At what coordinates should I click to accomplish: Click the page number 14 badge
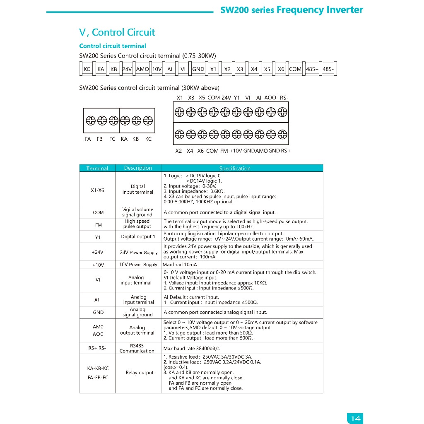[355, 418]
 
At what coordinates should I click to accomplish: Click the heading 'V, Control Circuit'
[117, 32]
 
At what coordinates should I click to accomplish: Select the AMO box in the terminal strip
[142, 70]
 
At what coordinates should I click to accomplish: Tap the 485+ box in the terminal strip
[312, 70]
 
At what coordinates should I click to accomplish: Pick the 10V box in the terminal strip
[157, 70]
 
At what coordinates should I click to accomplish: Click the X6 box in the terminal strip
[281, 70]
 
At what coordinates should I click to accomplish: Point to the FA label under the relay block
[88, 139]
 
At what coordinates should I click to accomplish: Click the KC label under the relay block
[148, 139]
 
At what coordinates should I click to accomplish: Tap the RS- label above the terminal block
[284, 98]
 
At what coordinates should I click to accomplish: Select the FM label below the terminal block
[224, 151]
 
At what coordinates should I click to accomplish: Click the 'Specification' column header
[235, 169]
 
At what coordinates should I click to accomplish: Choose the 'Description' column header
[138, 168]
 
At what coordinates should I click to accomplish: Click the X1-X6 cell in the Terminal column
[97, 190]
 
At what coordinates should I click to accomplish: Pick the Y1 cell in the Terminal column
[98, 237]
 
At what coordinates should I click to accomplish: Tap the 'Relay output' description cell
[140, 373]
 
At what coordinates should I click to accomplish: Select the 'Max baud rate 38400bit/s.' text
[192, 348]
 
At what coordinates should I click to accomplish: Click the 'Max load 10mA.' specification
[181, 265]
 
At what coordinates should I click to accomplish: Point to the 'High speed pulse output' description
[137, 224]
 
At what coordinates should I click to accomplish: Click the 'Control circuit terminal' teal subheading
[113, 46]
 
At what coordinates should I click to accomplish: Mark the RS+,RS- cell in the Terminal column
[97, 348]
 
